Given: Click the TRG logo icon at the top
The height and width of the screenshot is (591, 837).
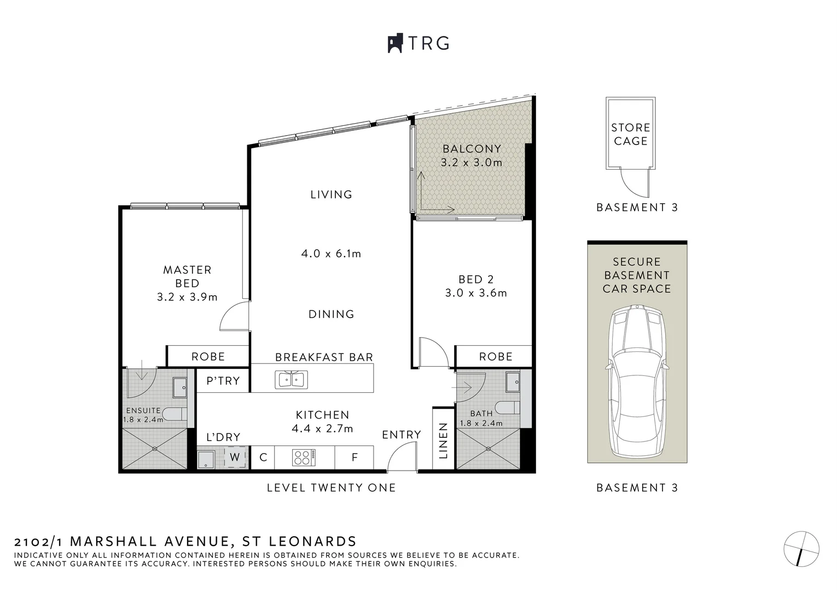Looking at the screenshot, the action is coord(395,43).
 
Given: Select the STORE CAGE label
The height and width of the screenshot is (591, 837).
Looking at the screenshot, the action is coord(631,134).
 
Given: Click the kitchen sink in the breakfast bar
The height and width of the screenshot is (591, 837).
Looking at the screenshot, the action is coord(292,380).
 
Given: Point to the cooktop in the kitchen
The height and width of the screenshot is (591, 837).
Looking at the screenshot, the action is coord(304,457).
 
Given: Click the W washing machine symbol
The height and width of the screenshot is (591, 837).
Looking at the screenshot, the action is coord(235,457).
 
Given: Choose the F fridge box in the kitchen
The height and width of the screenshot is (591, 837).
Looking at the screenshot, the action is coord(354,457).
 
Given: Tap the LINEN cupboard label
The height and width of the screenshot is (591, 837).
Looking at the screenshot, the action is coord(443,441).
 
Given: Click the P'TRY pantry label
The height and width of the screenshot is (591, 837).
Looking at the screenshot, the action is coord(223,380).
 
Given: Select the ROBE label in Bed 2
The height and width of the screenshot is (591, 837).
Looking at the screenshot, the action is coord(496,357).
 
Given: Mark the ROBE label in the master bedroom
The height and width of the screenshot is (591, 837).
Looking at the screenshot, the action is coord(208,357).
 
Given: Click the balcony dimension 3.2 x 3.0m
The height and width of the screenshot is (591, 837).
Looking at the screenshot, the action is coord(472,163).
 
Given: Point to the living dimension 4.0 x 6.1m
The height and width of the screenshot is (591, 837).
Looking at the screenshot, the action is coord(331,254).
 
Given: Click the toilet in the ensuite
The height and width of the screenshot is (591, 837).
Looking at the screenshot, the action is coord(175,414).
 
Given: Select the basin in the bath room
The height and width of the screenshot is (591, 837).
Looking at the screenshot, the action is coord(513,381).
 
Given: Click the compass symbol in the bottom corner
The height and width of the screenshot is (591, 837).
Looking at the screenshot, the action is coord(801,549).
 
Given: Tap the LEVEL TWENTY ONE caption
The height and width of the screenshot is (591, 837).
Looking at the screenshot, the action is coord(331,488).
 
